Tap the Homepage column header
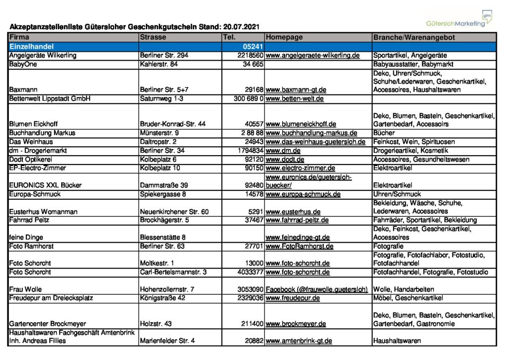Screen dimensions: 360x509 [284, 37]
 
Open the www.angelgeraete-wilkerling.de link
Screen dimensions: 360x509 [313, 55]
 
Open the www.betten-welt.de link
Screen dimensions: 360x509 [295, 98]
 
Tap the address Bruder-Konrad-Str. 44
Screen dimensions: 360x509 [173, 124]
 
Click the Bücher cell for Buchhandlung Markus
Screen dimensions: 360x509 [384, 133]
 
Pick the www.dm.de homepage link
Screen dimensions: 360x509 [283, 150]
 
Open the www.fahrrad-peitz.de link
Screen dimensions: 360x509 [297, 220]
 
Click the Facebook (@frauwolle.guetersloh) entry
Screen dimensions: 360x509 [317, 289]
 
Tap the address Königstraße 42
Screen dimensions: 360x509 [163, 298]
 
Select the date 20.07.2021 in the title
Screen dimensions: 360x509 [241, 26]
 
